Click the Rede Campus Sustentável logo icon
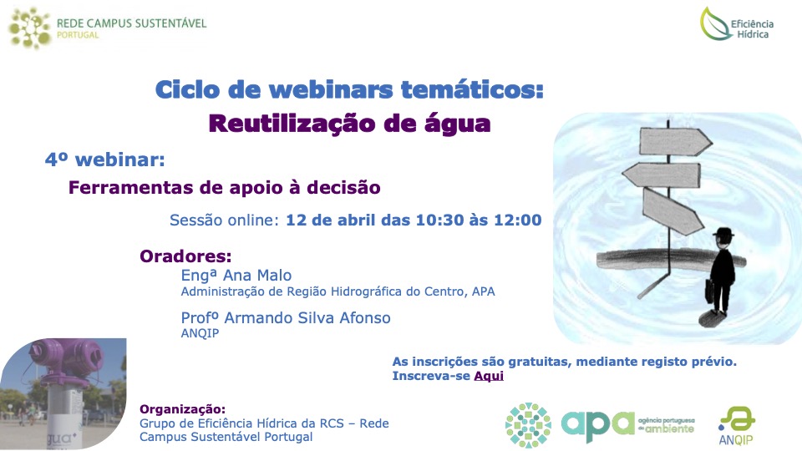point(30,28)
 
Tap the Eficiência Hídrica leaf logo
point(715,24)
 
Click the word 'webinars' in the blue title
point(331,89)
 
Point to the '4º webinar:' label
point(105,160)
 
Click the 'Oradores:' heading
point(185,256)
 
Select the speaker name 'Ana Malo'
point(257,275)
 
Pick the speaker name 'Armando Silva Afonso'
point(307,317)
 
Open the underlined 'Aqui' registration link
point(489,376)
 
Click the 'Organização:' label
point(183,409)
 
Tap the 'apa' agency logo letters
point(597,425)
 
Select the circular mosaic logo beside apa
point(528,425)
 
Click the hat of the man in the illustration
point(723,233)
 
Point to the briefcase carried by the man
point(709,291)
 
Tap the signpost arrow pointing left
point(661,175)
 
